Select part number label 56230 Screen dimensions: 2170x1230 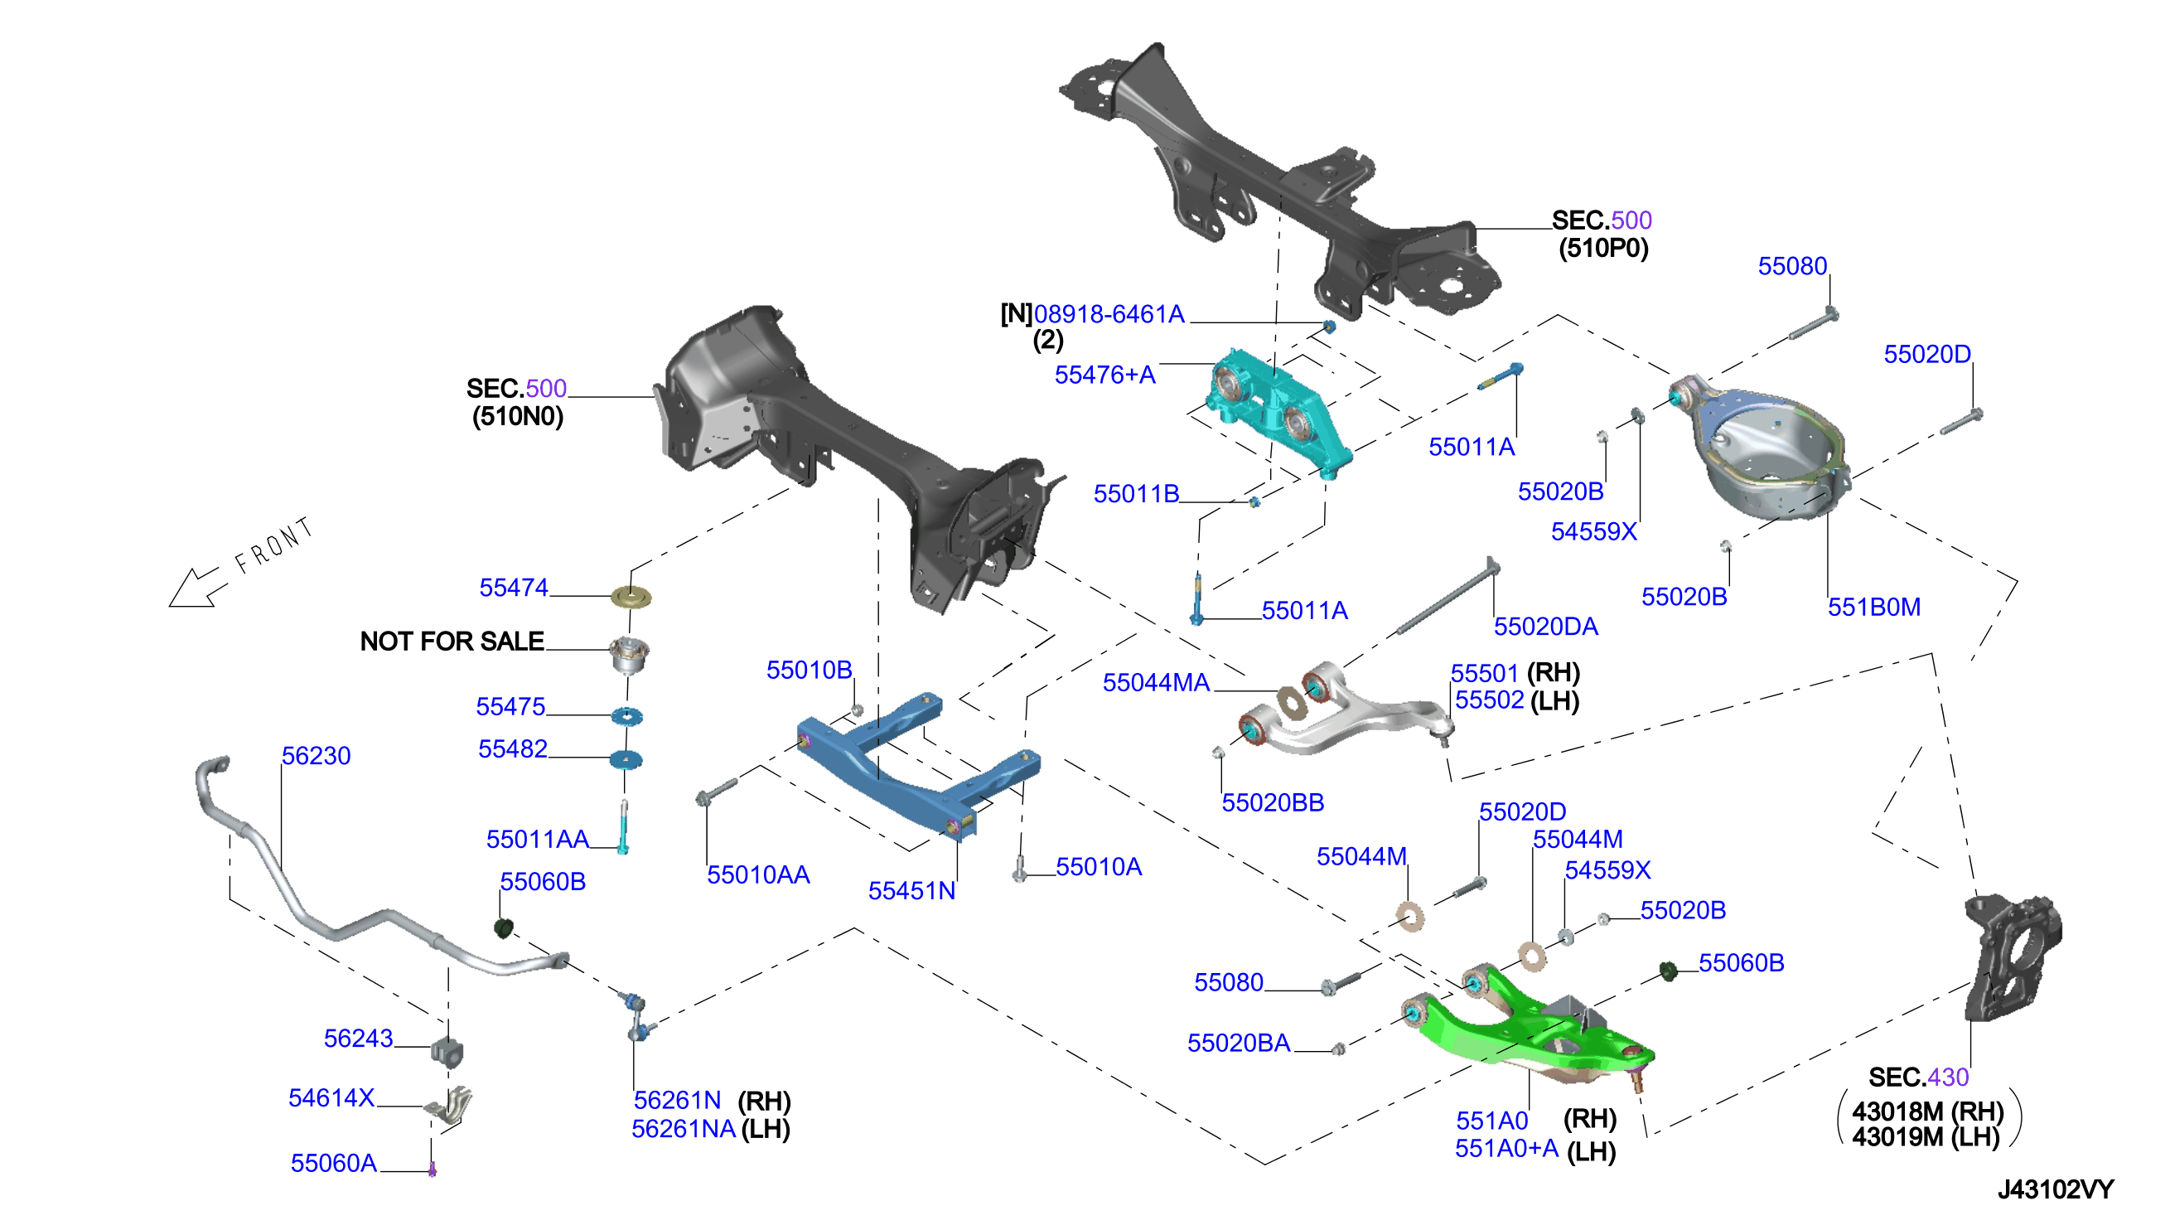point(316,756)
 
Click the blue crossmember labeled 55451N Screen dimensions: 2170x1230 point(919,765)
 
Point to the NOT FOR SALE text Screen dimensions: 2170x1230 point(452,642)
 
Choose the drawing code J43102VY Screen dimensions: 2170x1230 point(2055,1190)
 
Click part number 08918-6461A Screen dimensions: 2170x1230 point(1109,314)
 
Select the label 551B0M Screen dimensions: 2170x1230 point(1873,608)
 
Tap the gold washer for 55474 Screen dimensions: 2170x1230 point(631,598)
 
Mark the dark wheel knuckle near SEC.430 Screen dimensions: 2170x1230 point(2013,955)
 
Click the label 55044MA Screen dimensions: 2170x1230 point(1156,683)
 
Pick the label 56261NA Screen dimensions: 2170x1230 point(683,1130)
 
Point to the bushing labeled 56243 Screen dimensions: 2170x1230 point(447,1051)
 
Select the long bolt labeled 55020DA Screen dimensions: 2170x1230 point(1446,597)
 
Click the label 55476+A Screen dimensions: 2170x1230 point(1104,375)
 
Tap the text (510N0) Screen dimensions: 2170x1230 point(518,416)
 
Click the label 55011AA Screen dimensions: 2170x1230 point(537,840)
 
